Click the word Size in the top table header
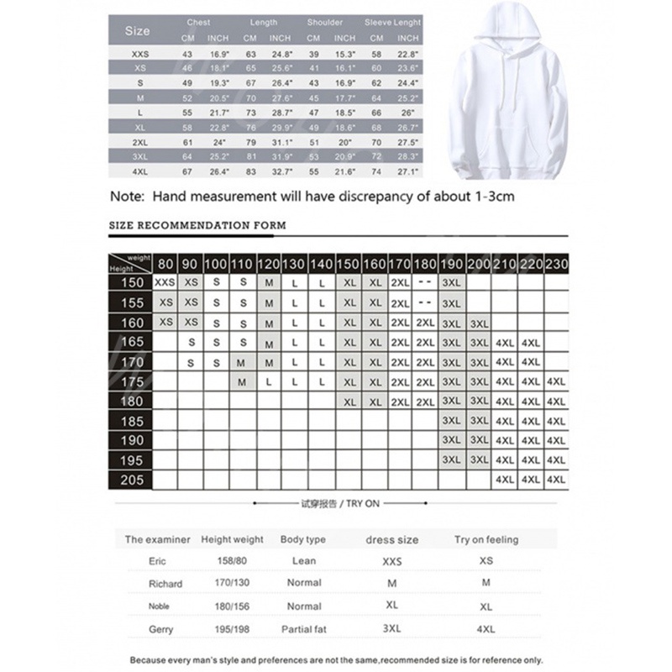point(137,31)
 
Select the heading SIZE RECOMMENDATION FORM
point(198,225)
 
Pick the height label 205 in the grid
point(132,480)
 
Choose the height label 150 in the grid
point(132,284)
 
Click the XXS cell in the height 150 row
point(165,284)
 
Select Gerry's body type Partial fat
point(303,627)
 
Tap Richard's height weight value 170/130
point(232,582)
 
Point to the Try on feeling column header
point(486,539)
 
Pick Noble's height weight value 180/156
point(232,605)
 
